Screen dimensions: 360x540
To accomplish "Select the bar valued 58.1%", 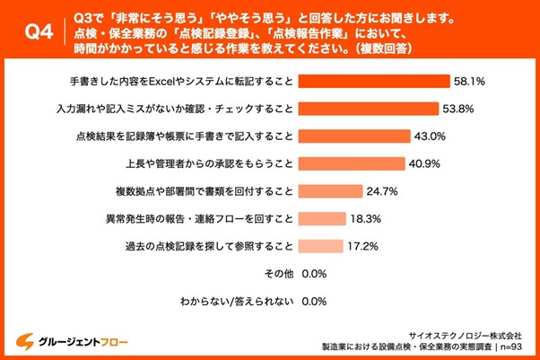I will (372, 81).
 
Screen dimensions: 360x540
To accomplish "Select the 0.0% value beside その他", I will (314, 273).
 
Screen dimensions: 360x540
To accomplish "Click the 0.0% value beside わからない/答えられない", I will (314, 301).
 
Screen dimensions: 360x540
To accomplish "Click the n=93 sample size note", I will (512, 346).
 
